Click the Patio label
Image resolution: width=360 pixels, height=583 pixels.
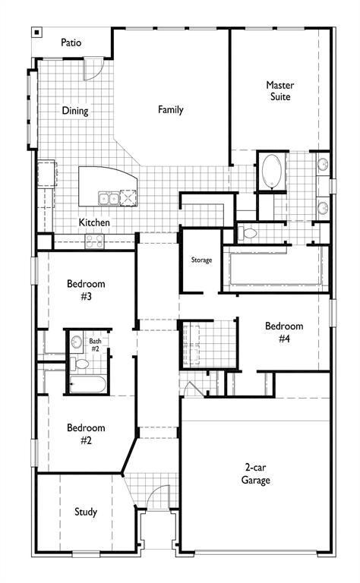[71, 43]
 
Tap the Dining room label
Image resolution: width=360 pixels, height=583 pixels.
[75, 111]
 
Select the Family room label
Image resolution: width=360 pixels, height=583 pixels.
[170, 109]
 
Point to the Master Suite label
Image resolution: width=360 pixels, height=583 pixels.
[279, 91]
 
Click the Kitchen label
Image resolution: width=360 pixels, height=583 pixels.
[95, 223]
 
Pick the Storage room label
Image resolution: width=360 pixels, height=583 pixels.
[201, 260]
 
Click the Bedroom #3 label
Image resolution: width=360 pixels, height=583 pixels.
[86, 290]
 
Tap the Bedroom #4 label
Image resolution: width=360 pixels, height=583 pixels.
[283, 332]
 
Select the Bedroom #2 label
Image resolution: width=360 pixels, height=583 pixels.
[86, 433]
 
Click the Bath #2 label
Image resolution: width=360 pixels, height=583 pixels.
[95, 345]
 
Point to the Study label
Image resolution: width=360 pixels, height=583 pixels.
[86, 512]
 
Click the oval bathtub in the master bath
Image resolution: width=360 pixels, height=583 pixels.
[271, 172]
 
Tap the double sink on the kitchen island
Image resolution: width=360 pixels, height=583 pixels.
[108, 199]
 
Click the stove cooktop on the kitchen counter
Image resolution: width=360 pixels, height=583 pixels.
[95, 241]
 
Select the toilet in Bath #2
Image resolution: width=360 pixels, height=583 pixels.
[76, 343]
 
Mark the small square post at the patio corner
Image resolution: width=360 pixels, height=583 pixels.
[36, 32]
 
